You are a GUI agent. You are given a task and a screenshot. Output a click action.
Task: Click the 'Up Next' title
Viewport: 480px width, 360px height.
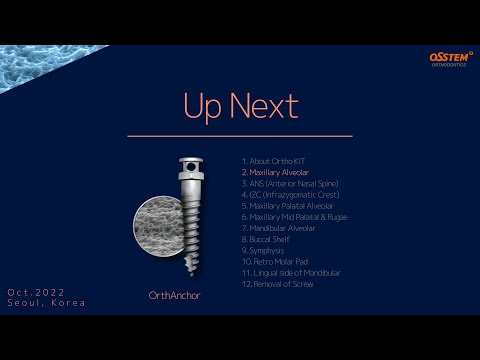coord(239,105)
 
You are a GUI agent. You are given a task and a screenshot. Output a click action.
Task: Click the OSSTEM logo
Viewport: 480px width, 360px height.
coord(451,60)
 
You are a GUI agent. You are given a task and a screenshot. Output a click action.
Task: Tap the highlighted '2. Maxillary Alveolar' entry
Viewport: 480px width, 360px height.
coord(275,171)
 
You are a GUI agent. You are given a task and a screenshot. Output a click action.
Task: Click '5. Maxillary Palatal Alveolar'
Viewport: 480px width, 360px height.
coord(288,205)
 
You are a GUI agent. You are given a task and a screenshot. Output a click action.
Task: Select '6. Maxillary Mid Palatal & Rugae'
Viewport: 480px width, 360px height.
coord(294,216)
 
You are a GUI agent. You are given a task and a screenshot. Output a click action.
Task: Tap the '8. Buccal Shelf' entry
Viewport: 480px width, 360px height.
coord(268,239)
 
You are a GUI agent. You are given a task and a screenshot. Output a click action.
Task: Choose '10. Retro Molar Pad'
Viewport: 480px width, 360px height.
coord(273,261)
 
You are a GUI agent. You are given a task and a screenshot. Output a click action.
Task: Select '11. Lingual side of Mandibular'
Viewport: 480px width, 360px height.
coord(290,273)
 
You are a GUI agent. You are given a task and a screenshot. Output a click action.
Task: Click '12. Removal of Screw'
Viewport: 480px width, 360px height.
coord(277,284)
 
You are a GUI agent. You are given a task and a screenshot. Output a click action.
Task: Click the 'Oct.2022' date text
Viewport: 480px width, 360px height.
coord(35,292)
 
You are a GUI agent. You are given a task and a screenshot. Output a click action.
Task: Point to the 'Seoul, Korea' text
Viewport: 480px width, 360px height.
coord(46,303)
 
